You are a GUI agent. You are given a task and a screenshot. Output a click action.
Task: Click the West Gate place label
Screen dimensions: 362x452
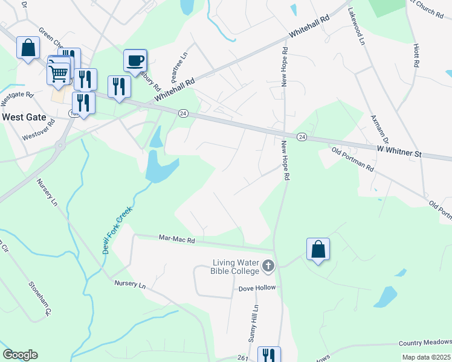(x=24, y=116)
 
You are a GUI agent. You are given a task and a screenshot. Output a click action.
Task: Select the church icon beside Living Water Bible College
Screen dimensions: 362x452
(x=268, y=265)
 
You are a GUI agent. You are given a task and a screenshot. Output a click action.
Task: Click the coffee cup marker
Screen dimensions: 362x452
(x=135, y=60)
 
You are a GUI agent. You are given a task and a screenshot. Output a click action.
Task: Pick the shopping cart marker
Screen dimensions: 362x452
(x=58, y=74)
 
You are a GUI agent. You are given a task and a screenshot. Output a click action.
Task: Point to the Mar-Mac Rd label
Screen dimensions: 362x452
(x=176, y=240)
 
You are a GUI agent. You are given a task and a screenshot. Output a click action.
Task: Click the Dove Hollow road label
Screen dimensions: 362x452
(x=256, y=288)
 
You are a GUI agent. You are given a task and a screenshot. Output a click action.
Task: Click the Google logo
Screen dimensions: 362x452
(x=20, y=355)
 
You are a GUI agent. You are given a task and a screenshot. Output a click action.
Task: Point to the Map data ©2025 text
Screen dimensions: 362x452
(x=425, y=357)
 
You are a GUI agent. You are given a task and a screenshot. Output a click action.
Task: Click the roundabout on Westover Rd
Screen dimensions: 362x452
(x=60, y=145)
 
